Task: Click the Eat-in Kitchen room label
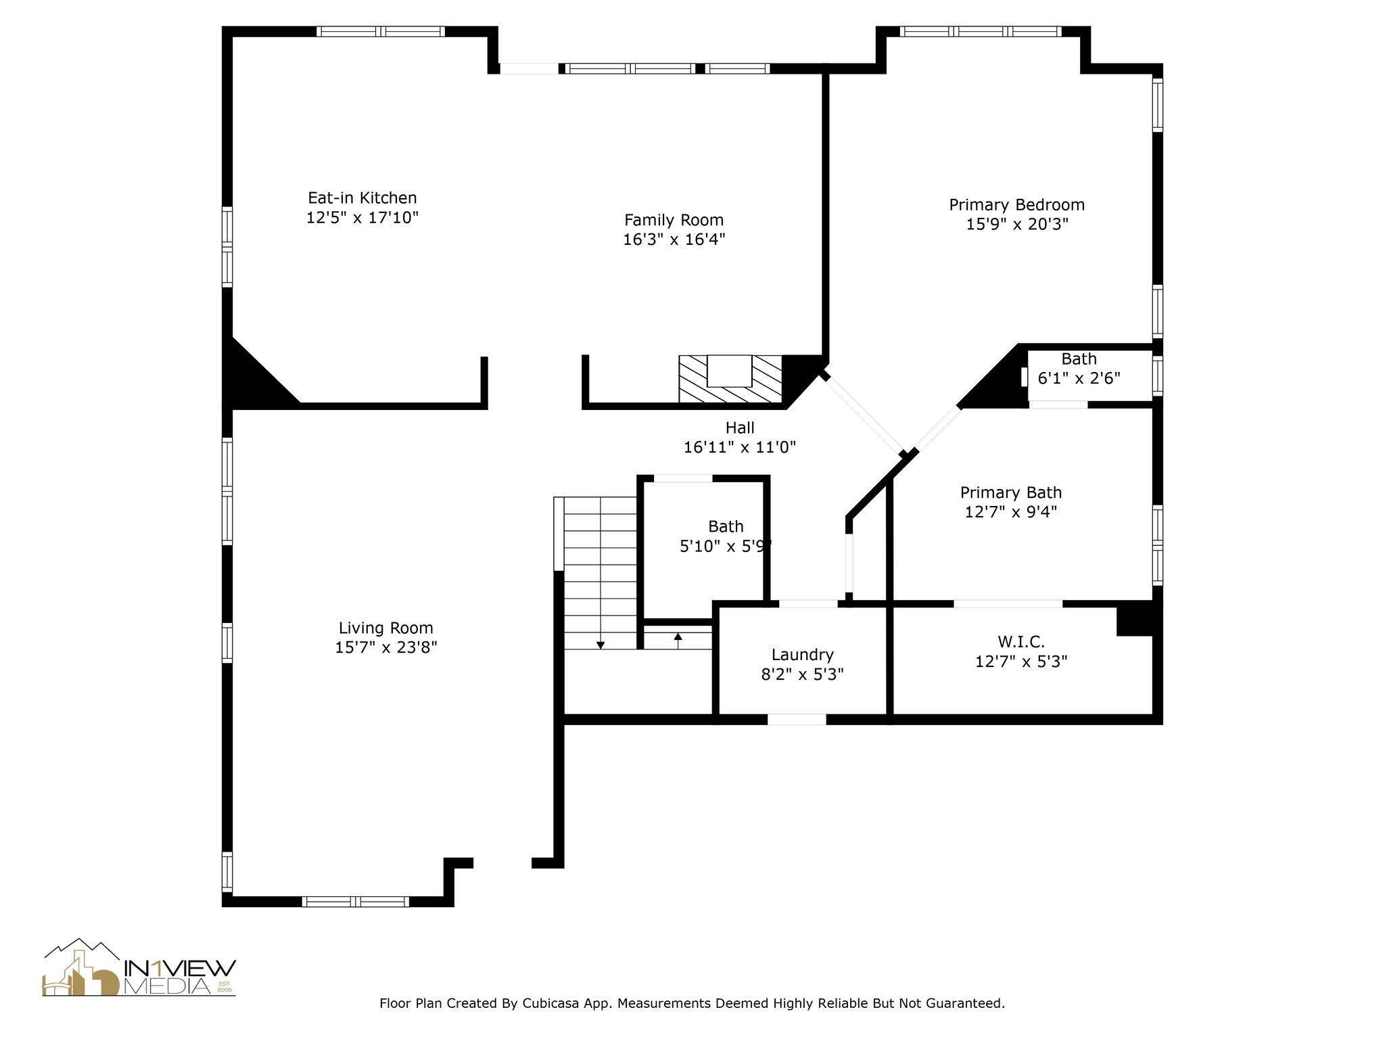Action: tap(362, 198)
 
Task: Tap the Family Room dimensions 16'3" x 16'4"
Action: tap(674, 239)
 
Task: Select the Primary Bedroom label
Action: tap(1016, 205)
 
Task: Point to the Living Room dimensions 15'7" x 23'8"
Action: tap(386, 647)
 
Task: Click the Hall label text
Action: tap(740, 428)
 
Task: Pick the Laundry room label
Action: tap(803, 655)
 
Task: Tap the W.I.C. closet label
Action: tap(1021, 641)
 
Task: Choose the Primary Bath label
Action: tap(1011, 492)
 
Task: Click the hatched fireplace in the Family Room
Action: tap(730, 380)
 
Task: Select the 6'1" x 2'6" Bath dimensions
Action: tap(1079, 378)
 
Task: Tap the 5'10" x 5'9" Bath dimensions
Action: tap(725, 546)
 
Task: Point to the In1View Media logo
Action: tap(139, 967)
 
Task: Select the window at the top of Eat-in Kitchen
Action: tap(381, 31)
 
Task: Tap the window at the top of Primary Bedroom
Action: tap(981, 31)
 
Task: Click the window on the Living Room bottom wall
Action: tap(355, 901)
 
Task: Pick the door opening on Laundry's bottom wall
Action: tap(797, 720)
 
